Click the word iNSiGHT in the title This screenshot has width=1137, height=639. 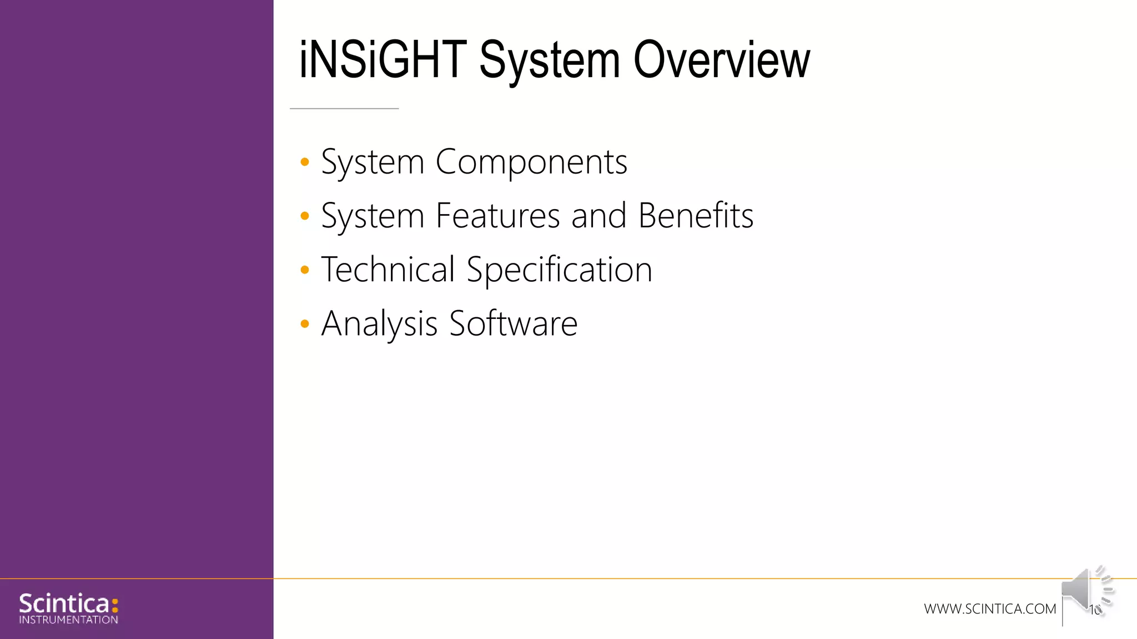(x=383, y=60)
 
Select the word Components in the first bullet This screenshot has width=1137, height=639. (x=531, y=163)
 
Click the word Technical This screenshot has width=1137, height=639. (x=388, y=270)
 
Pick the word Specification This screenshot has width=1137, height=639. (x=559, y=271)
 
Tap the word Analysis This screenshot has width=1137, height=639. (x=379, y=324)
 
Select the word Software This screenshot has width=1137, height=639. (x=513, y=323)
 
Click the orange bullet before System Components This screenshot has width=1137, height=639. (x=304, y=162)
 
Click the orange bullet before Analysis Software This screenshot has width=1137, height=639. (x=304, y=323)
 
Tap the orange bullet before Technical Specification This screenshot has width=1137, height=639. (x=304, y=270)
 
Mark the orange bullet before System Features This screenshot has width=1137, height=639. (x=304, y=216)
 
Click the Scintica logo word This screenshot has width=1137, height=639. (x=64, y=603)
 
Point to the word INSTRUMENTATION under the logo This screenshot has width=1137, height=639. (x=68, y=620)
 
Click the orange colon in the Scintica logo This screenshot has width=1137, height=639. (x=115, y=605)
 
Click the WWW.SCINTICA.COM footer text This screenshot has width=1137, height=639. (x=990, y=609)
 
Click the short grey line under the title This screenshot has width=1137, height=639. (x=344, y=109)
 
